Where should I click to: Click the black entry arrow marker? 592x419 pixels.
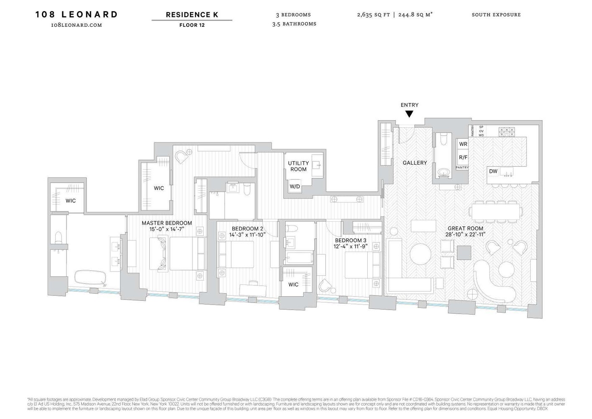409,114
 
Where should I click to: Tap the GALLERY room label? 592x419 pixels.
415,163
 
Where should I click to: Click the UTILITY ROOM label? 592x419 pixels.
298,166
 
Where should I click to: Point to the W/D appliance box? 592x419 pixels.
295,186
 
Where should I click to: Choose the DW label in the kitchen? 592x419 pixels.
493,171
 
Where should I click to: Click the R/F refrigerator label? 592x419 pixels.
463,158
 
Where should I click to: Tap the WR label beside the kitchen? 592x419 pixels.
463,144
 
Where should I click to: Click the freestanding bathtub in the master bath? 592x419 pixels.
91,277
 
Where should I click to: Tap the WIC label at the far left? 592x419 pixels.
71,201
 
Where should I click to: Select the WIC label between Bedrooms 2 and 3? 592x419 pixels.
293,285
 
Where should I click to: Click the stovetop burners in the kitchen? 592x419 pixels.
507,132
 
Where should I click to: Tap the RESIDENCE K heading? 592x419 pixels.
192,15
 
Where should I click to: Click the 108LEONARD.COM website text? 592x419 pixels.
77,25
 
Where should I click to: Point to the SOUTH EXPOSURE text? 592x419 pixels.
496,15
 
